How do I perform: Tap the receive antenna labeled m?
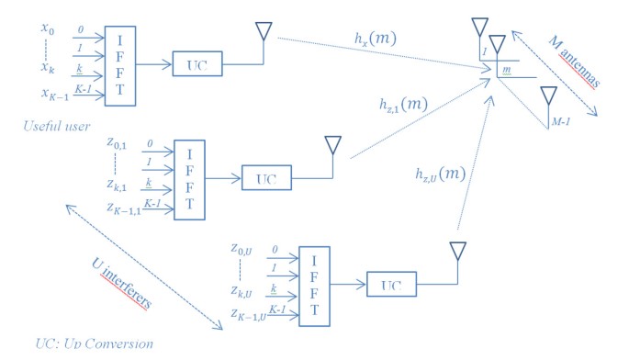click(x=497, y=44)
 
